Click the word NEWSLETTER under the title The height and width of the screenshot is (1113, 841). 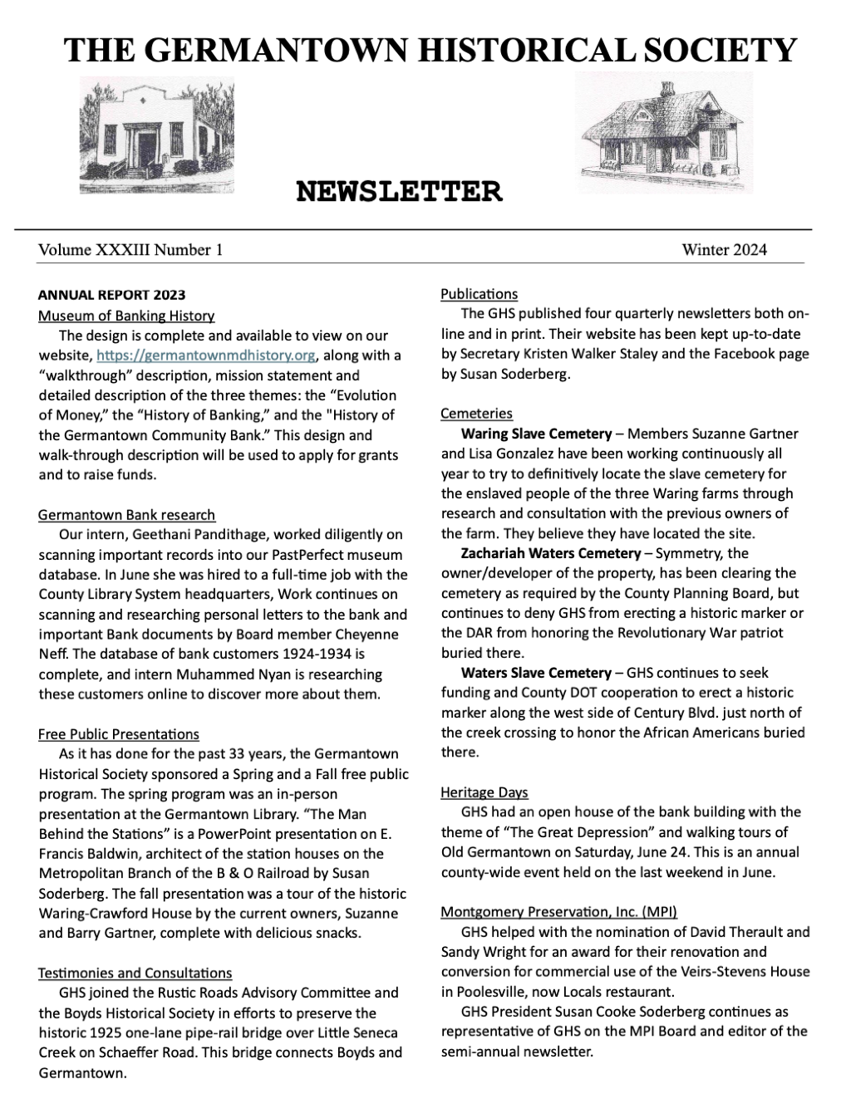pos(399,192)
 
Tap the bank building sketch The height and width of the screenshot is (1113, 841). pos(156,135)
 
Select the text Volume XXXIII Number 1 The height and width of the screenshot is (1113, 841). pos(130,249)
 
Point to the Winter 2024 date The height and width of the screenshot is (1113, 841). pos(724,249)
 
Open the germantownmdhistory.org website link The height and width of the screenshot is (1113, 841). pos(206,355)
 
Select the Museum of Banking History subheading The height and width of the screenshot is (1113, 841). pos(126,316)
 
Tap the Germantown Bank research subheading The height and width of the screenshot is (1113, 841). pos(126,515)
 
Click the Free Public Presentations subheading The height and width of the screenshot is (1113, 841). pos(119,734)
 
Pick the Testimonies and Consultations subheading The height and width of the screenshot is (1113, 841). pos(135,973)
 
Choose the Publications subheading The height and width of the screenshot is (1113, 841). pos(479,294)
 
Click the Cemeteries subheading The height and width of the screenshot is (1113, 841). pos(476,414)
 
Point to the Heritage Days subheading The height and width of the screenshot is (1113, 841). pos(484,792)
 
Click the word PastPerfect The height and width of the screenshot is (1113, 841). pos(274,554)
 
